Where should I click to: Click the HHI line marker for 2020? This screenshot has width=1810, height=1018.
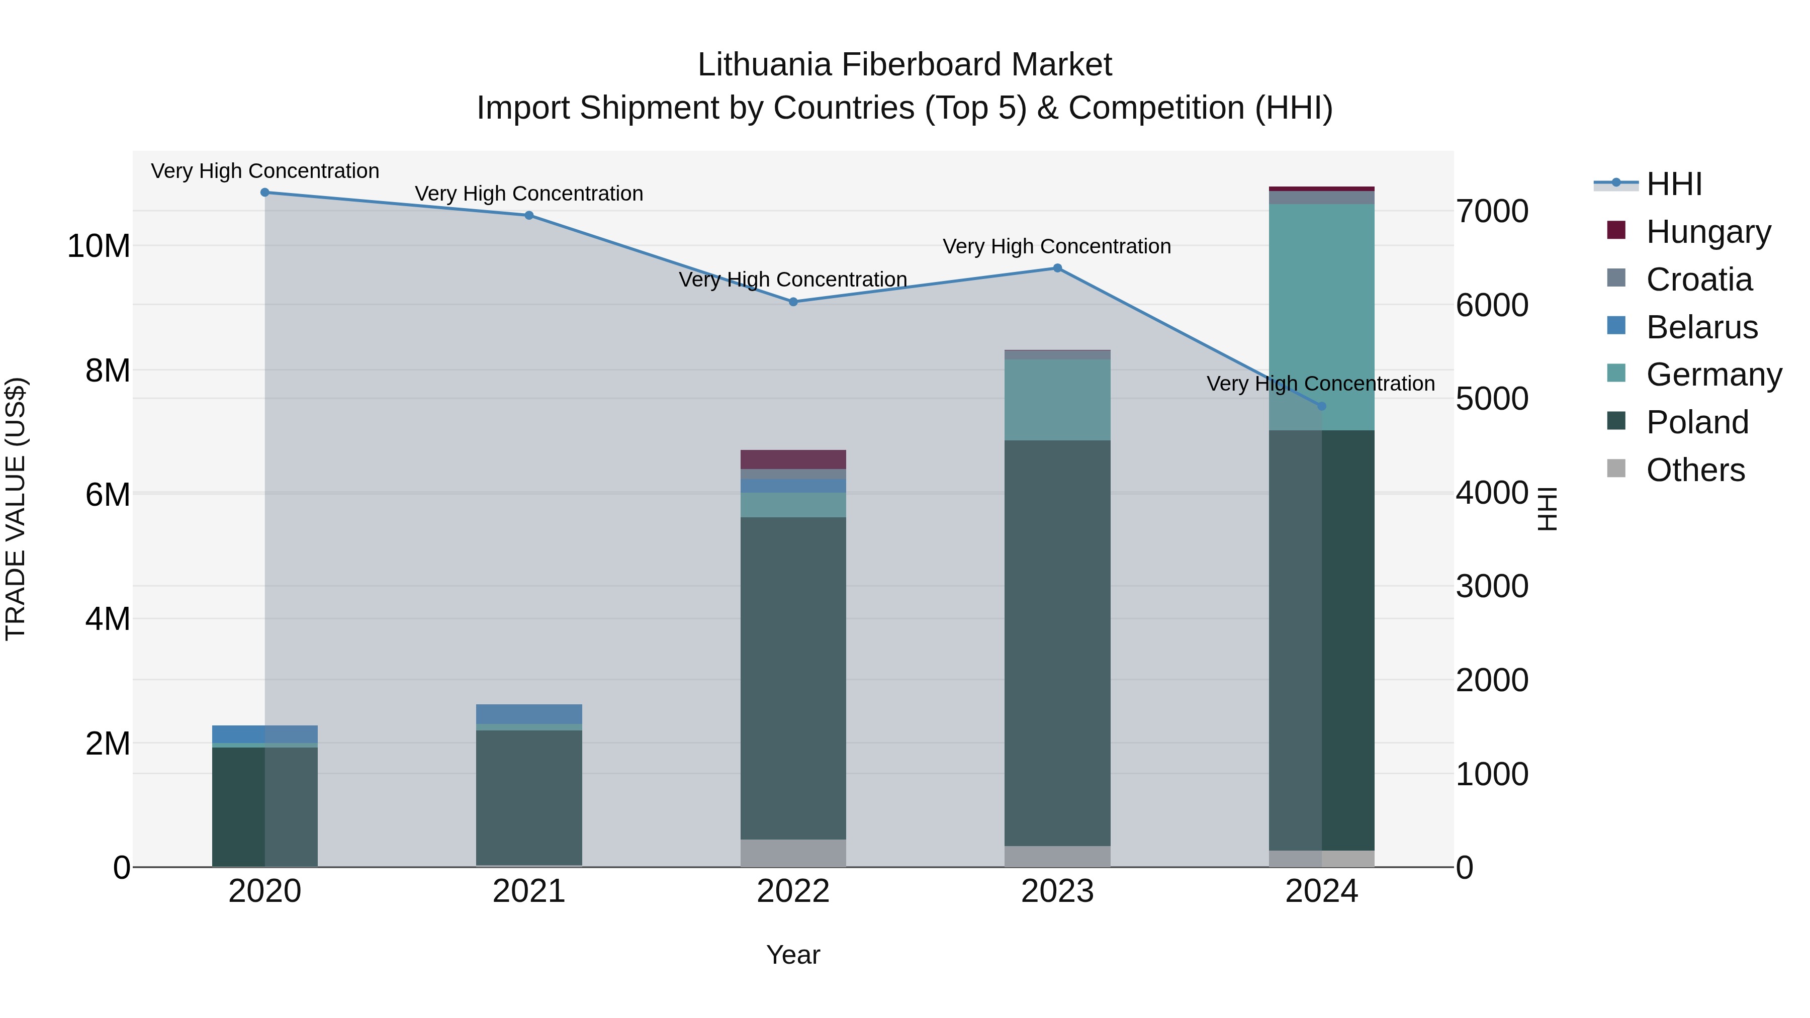click(265, 193)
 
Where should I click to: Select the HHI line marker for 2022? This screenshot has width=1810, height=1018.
click(793, 302)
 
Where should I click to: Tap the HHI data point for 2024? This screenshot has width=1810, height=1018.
click(1322, 406)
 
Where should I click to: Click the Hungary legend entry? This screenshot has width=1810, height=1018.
click(1707, 231)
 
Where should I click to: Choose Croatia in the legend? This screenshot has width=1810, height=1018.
click(1698, 279)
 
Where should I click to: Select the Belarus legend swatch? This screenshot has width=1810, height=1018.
click(1616, 326)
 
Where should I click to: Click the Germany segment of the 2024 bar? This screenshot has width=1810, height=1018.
click(1322, 316)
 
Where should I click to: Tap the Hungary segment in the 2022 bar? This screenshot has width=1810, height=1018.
click(793, 459)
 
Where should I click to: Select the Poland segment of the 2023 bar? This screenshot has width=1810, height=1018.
click(1057, 643)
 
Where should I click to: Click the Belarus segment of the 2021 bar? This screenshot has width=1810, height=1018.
click(529, 714)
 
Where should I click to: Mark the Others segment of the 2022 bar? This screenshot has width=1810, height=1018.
click(793, 853)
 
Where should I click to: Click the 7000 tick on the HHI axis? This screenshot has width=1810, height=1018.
click(1492, 212)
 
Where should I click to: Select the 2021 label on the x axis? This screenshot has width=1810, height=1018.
click(529, 891)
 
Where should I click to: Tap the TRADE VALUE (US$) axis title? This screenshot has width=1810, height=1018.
click(16, 509)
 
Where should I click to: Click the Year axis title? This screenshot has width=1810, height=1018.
click(793, 955)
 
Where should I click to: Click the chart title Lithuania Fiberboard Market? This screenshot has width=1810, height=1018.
click(904, 65)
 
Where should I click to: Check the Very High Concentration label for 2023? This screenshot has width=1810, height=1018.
click(1057, 247)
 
